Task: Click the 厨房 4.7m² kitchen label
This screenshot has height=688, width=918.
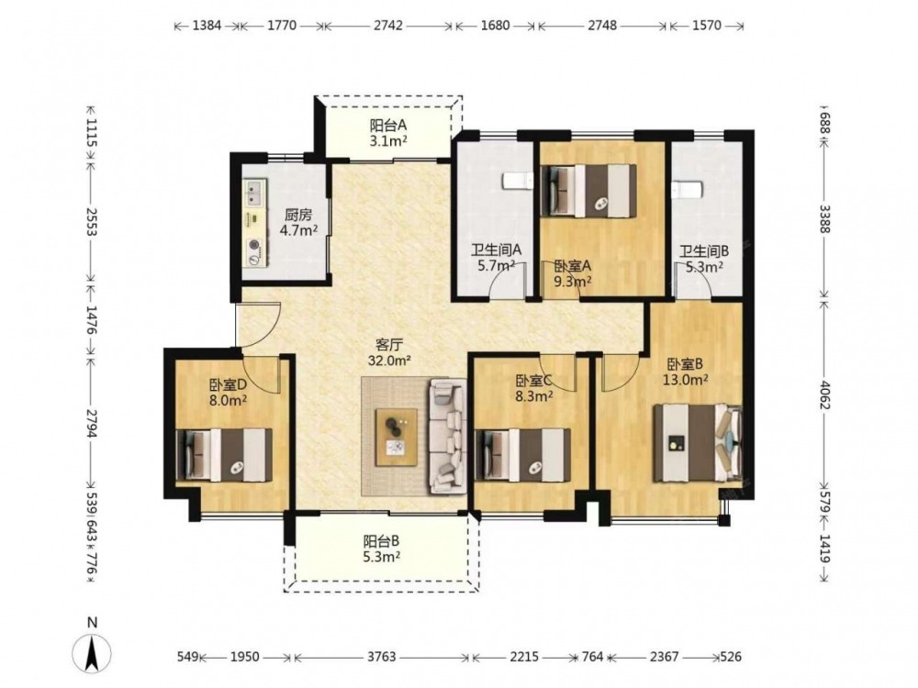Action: point(298,222)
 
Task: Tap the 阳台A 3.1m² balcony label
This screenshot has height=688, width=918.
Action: point(388,133)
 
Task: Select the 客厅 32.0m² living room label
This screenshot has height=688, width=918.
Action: point(388,352)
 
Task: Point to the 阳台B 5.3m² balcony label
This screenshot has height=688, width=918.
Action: point(381,549)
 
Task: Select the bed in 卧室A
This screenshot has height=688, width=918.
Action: point(588,191)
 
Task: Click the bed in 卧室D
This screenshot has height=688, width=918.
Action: point(224,455)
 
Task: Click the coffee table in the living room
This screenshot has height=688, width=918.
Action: point(397,437)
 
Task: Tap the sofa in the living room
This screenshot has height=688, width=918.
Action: point(449,435)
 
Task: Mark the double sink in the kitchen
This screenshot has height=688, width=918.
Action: point(254,193)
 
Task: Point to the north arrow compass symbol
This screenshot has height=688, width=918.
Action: point(91,651)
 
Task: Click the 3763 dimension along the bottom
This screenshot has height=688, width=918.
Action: point(381,657)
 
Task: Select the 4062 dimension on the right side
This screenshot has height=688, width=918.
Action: point(825,394)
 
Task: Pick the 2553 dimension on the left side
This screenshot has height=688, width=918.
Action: point(91,222)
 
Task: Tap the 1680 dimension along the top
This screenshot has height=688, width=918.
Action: point(496,26)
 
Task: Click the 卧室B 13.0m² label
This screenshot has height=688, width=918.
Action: point(686,372)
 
